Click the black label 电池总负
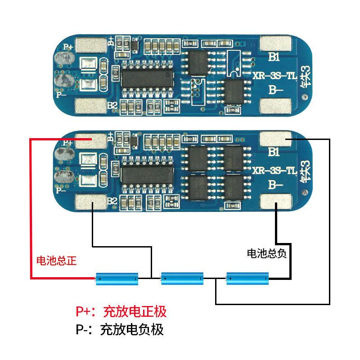[x=266, y=253]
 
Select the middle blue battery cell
[x=182, y=279]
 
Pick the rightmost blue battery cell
[x=247, y=279]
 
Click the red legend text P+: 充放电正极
[x=121, y=311]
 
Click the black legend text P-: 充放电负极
[x=120, y=330]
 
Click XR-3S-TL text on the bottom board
[x=274, y=171]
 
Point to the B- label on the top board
[x=275, y=90]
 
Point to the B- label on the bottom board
[x=275, y=185]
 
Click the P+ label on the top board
[x=68, y=46]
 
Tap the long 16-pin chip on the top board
[x=148, y=79]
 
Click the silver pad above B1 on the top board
[x=276, y=43]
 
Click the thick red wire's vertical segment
[x=31, y=209]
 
